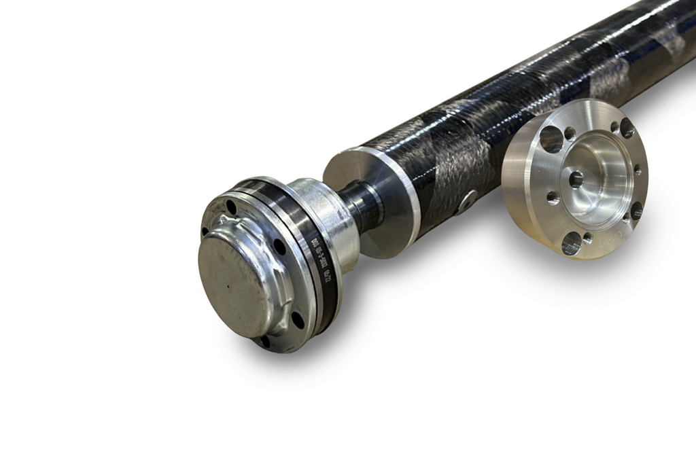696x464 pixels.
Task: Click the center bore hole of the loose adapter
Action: (576, 179)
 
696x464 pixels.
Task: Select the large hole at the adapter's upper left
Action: (551, 139)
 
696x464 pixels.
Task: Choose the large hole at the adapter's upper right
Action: (627, 127)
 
